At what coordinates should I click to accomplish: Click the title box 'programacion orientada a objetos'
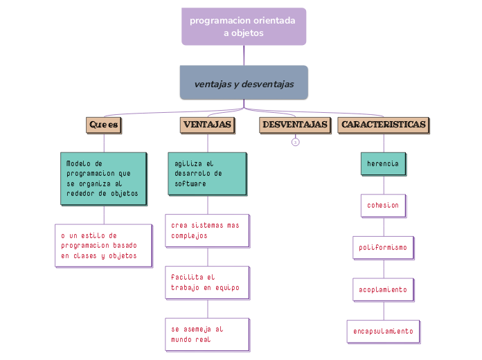(244, 26)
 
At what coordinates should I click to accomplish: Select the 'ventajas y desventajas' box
(244, 83)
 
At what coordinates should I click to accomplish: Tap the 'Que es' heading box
(104, 125)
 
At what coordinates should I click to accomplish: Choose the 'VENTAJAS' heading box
(207, 125)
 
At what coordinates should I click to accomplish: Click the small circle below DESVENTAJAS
(295, 142)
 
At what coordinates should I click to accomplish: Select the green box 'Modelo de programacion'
(103, 179)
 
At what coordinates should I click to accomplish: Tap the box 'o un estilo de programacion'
(103, 245)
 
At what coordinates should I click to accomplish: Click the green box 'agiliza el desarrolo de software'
(207, 174)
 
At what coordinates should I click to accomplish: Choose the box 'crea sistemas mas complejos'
(207, 230)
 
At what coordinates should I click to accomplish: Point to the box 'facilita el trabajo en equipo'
(207, 282)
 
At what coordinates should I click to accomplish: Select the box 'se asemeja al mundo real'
(207, 334)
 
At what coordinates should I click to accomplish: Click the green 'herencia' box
(383, 164)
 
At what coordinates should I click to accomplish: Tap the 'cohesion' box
(383, 206)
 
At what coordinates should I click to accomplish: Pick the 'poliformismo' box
(383, 247)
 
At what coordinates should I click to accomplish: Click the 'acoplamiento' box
(383, 289)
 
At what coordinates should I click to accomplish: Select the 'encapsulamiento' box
(383, 331)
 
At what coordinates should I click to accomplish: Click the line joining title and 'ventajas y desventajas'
(244, 55)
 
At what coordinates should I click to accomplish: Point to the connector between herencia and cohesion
(383, 185)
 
